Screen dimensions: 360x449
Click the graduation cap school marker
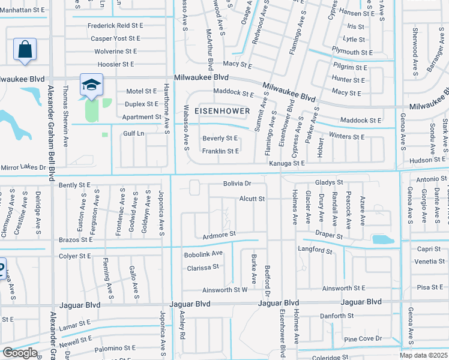[91, 85]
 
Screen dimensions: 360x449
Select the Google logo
[19, 353]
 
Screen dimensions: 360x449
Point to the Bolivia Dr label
[237, 182]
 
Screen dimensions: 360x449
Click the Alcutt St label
[252, 199]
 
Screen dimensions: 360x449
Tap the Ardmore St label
[220, 234]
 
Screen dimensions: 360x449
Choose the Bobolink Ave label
[203, 253]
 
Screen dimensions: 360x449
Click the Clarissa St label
[202, 268]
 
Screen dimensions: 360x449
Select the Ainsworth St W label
[225, 290]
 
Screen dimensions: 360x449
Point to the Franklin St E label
[221, 151]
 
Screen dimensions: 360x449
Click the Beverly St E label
[220, 139]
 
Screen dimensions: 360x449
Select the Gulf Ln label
[134, 133]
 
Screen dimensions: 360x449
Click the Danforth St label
[336, 316]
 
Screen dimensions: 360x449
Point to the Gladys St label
[328, 182]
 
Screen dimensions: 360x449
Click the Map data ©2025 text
[424, 355]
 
